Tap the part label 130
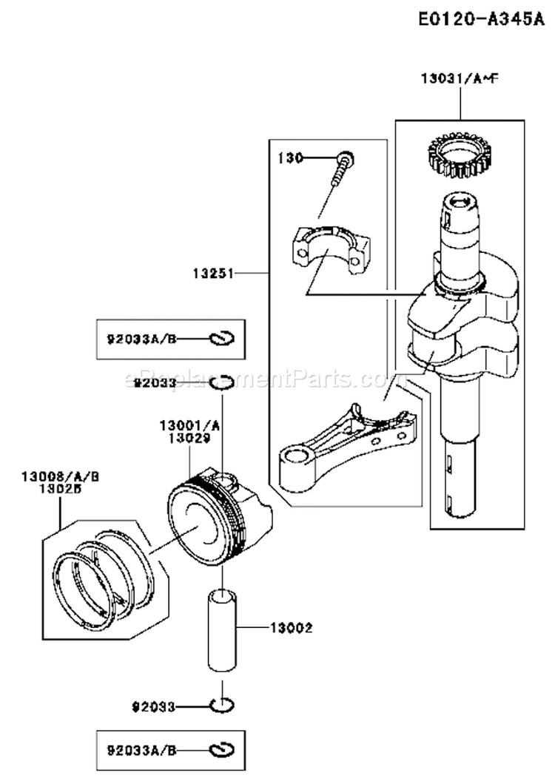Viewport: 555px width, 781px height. (289, 158)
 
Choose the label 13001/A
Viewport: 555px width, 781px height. (189, 426)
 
